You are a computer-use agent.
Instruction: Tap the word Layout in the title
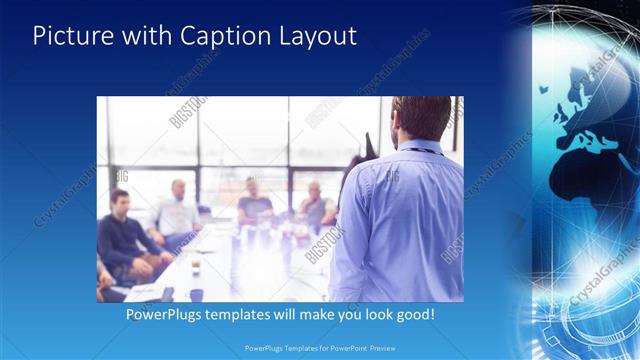317,36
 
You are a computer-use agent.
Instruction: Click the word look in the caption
369,314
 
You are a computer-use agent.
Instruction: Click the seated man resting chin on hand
315,204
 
